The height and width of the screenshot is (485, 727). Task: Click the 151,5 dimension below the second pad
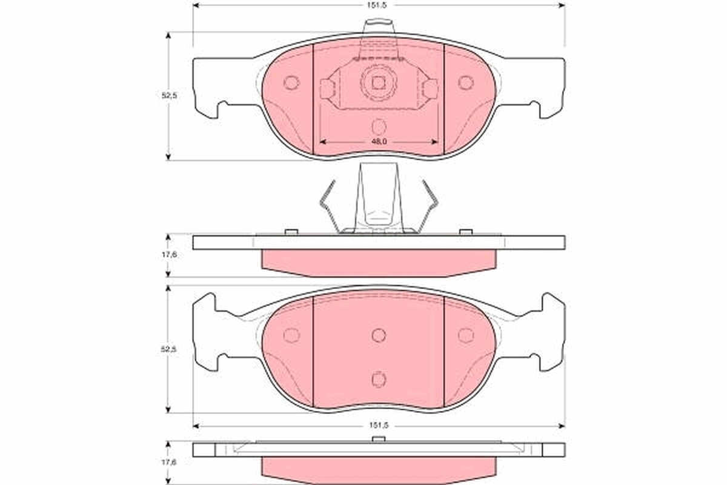[x=379, y=426]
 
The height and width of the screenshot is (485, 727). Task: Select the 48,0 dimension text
[x=379, y=141]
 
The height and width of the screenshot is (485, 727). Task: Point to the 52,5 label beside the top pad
[x=169, y=95]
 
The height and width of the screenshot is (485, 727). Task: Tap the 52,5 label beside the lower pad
[x=169, y=349]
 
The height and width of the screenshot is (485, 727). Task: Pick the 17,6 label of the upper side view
[x=170, y=255]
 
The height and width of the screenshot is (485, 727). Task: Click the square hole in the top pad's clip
[x=379, y=83]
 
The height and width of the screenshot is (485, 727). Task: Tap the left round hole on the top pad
[x=291, y=82]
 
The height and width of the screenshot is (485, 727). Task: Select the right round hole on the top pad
[x=465, y=82]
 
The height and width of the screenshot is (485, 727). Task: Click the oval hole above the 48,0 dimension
[x=379, y=127]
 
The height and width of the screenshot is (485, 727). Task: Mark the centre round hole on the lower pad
[x=379, y=335]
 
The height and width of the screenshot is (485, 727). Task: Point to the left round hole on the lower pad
[x=291, y=335]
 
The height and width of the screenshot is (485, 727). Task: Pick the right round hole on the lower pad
[x=465, y=335]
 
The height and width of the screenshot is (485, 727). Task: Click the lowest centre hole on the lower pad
[x=379, y=379]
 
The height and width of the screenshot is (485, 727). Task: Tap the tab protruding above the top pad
[x=377, y=28]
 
